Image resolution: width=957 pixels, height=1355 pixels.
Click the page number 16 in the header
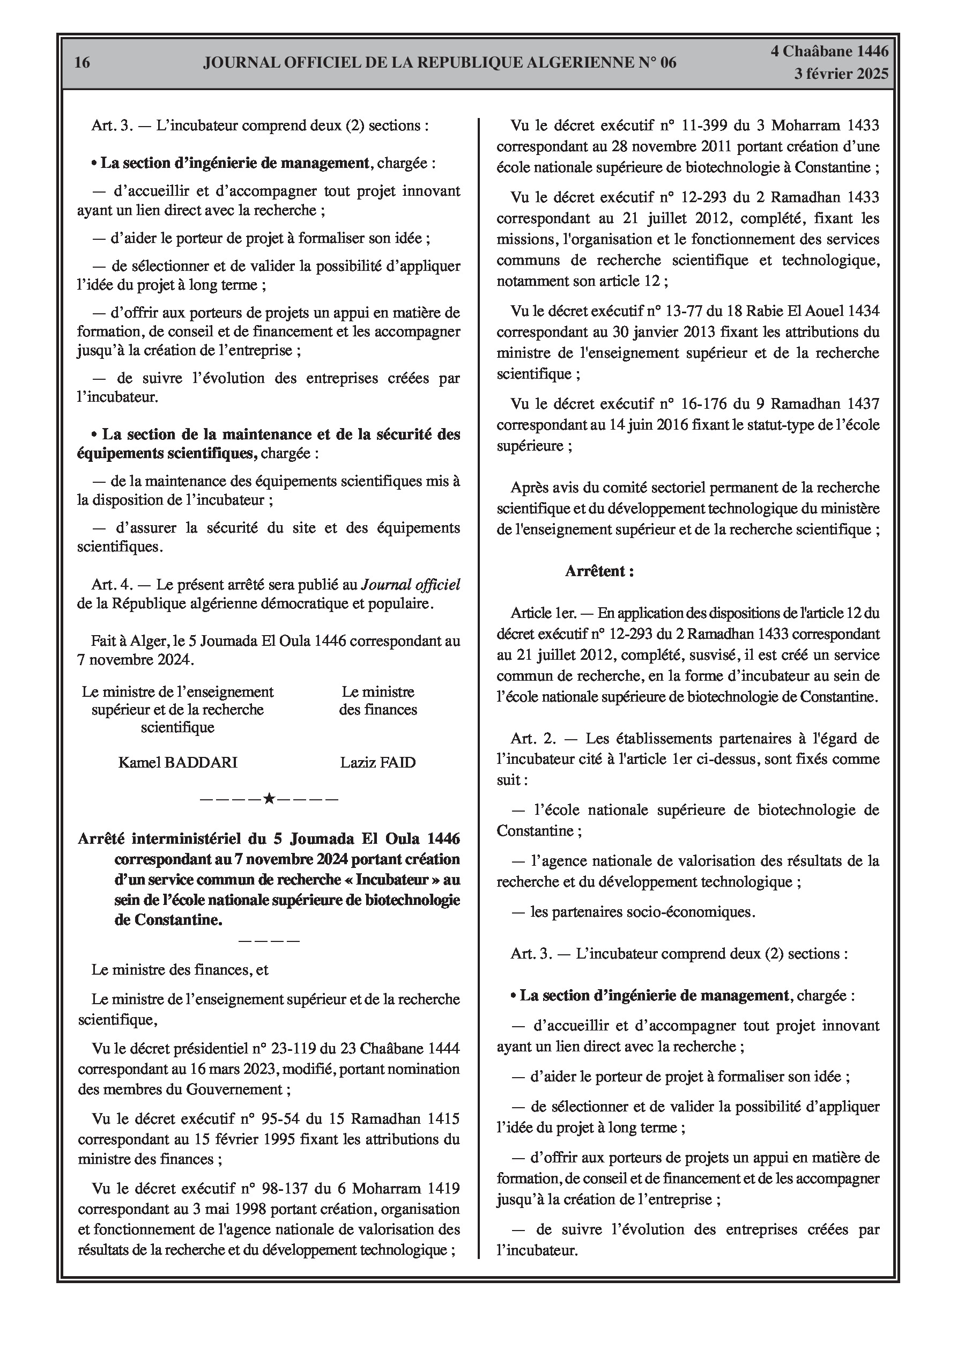83,63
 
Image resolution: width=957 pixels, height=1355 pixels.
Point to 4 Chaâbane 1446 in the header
829,51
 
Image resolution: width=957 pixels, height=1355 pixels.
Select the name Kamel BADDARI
177,762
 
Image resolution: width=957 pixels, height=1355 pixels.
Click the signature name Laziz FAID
377,762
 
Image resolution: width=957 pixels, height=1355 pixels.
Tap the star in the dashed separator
269,800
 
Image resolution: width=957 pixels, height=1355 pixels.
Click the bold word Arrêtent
599,571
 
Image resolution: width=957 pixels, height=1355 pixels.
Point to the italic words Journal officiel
410,584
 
